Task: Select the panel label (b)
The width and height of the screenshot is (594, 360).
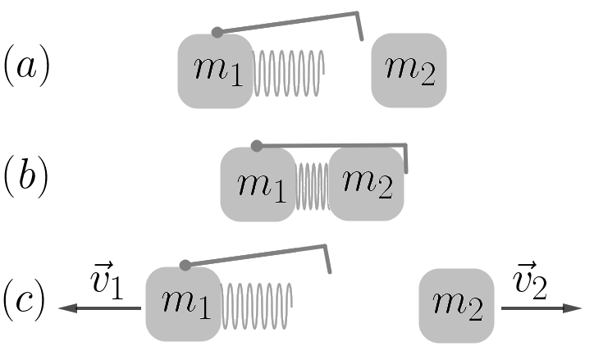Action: (x=27, y=178)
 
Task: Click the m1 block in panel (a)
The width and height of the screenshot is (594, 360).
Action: (x=215, y=71)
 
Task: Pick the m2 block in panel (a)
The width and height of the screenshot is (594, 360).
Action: (x=409, y=71)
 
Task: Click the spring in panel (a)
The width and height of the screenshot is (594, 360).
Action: (x=289, y=72)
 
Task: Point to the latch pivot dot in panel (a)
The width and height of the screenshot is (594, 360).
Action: (x=217, y=33)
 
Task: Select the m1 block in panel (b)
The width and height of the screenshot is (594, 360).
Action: (x=257, y=184)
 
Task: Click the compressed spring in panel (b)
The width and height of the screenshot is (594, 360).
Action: (x=313, y=184)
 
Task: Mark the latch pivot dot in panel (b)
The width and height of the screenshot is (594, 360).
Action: (x=257, y=146)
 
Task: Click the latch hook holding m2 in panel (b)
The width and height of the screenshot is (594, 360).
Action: (x=405, y=161)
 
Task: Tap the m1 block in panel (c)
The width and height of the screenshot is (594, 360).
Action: (x=183, y=303)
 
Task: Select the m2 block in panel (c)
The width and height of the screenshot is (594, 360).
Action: (x=456, y=305)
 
